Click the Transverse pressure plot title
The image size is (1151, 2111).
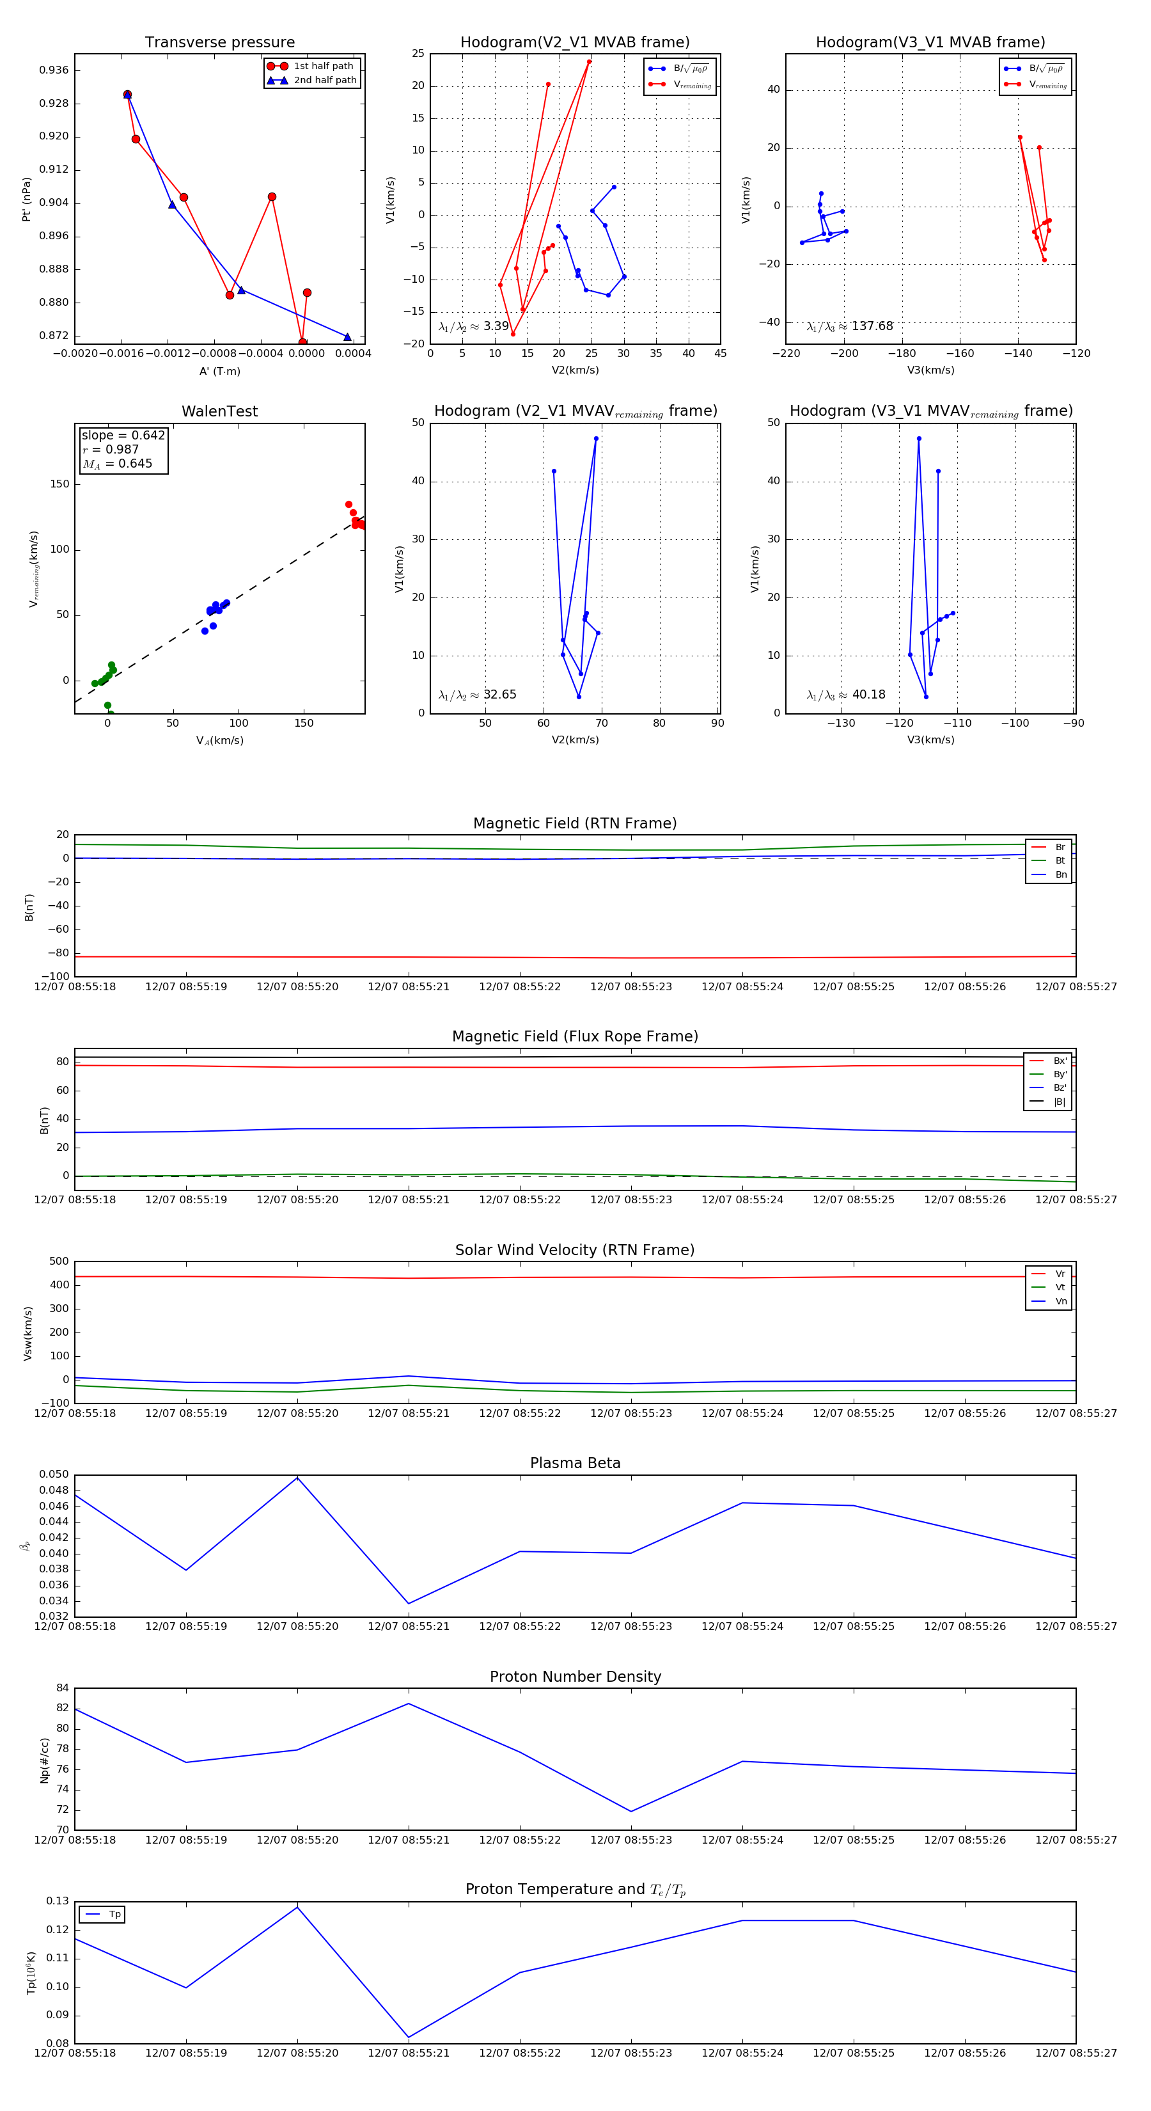coord(219,43)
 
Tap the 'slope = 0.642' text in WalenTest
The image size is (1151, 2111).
coord(123,435)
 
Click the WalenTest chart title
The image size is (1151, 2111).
coord(219,411)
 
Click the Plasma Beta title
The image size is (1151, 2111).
coord(575,1463)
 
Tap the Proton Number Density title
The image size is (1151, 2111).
coord(575,1677)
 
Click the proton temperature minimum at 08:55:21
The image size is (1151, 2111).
coord(409,2037)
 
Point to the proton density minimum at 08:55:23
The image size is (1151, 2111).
coord(630,1812)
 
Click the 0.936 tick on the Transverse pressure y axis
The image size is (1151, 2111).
coord(54,70)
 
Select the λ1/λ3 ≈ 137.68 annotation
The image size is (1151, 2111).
coord(850,326)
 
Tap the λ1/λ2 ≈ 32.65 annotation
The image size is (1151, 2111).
coord(477,695)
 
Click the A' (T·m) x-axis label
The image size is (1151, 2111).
coord(219,371)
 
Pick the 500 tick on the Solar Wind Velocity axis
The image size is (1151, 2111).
coord(59,1261)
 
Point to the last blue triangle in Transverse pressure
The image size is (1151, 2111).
coord(347,337)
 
